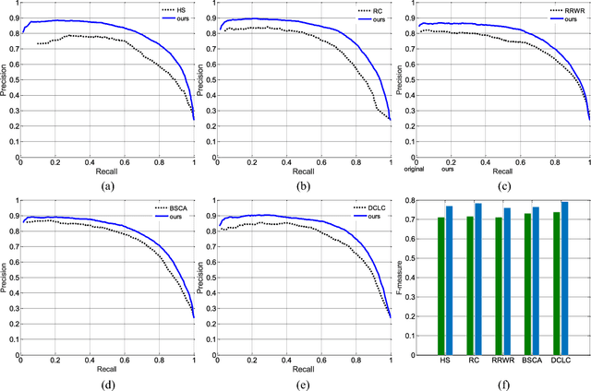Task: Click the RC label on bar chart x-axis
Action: click(474, 362)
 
